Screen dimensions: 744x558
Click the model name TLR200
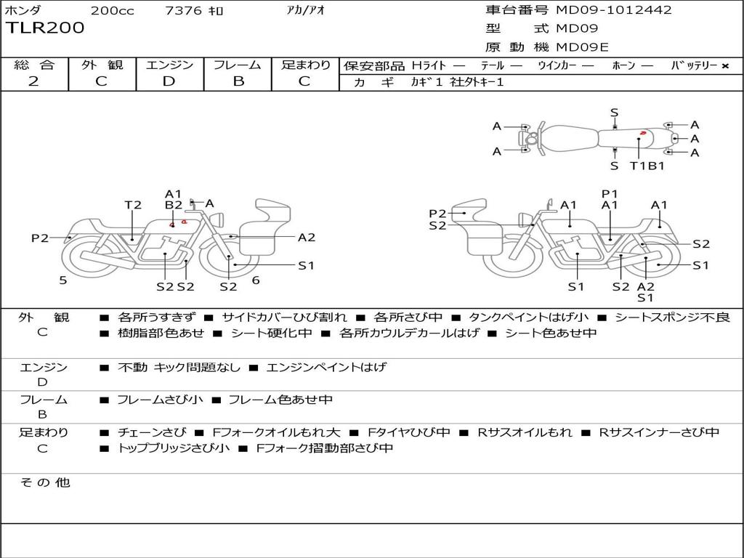click(x=45, y=28)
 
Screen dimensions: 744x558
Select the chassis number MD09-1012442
click(x=614, y=10)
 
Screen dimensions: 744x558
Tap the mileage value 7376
click(x=183, y=11)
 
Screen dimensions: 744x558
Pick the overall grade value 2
click(x=33, y=81)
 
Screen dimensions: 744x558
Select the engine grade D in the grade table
click(x=169, y=81)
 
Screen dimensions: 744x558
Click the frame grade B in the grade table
click(x=238, y=81)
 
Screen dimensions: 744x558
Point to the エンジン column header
click(x=169, y=65)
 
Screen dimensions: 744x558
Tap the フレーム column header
click(x=238, y=65)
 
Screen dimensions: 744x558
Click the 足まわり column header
click(x=306, y=65)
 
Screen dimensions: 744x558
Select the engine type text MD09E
click(x=583, y=48)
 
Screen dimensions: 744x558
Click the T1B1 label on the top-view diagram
click(x=647, y=166)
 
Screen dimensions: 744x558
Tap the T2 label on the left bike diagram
click(x=132, y=205)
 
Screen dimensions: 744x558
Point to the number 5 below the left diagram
click(x=63, y=280)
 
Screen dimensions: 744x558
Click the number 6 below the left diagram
click(x=256, y=280)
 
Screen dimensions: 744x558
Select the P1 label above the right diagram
click(x=610, y=193)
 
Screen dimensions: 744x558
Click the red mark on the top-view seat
click(x=643, y=134)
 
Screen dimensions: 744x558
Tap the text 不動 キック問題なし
click(x=179, y=367)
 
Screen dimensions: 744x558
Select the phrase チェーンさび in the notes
click(x=152, y=432)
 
